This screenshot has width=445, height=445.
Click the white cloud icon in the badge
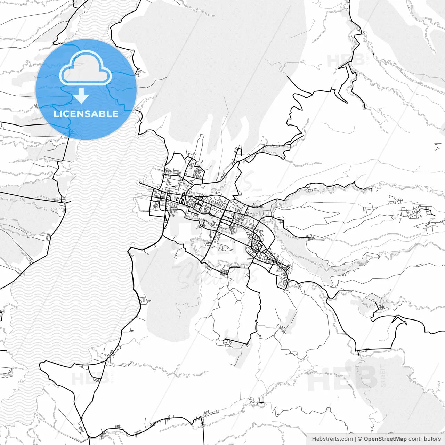coord(86,68)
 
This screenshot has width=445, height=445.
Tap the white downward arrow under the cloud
coord(82,96)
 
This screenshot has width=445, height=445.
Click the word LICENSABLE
coord(86,114)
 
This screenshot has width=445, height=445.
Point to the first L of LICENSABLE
coord(56,114)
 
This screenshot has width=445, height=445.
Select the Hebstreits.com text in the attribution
coord(332,439)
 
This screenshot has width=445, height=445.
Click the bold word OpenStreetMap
coord(385,439)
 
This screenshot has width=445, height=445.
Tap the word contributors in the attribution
coord(424,439)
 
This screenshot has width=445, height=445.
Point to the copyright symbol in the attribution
coord(360,439)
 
